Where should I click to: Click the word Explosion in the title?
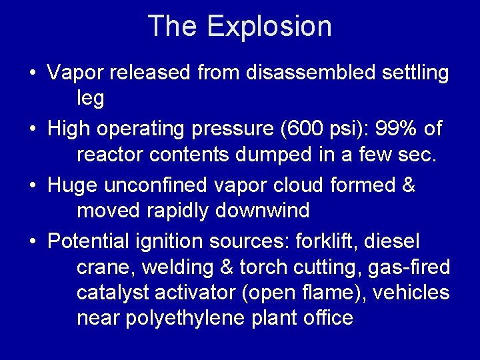tap(269, 27)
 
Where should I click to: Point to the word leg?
tap(91, 99)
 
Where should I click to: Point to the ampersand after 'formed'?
tap(408, 185)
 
